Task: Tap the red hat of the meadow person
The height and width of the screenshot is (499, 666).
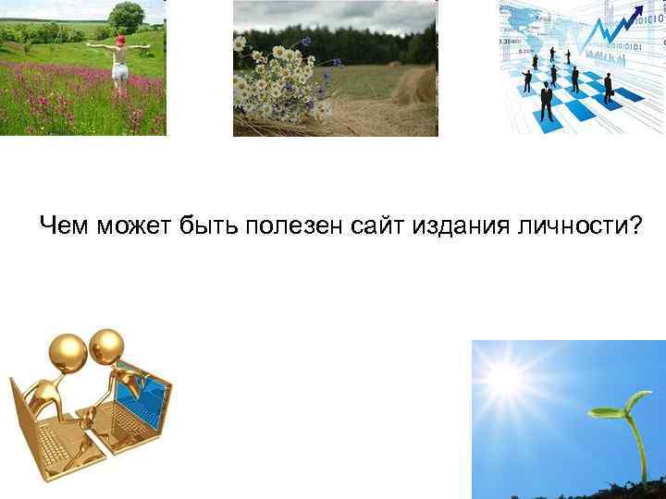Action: (x=119, y=40)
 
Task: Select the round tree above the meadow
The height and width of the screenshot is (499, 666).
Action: (x=126, y=16)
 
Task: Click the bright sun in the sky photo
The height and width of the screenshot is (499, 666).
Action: (x=507, y=379)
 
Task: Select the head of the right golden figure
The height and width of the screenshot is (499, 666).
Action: (x=107, y=345)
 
